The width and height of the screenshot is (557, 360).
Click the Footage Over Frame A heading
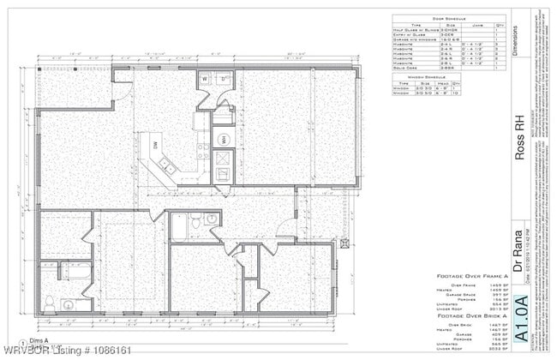point(472,277)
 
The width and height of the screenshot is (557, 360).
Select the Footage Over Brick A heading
point(472,318)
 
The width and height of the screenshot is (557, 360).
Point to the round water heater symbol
point(223,140)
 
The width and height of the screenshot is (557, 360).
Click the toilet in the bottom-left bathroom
point(51,301)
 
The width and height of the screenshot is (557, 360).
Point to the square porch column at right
point(344,243)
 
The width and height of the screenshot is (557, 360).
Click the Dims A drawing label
point(37,340)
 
